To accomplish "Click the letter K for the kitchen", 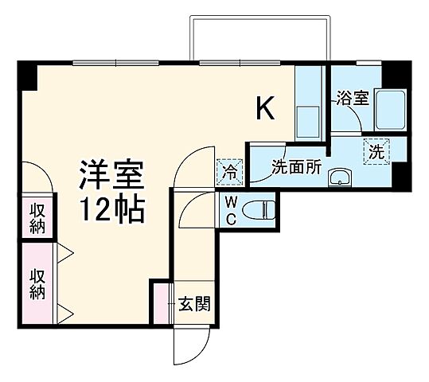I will [265, 109].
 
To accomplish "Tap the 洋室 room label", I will [111, 174].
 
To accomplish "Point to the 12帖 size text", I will [111, 210].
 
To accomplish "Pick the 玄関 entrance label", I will [193, 305].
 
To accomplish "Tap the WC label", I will [230, 210].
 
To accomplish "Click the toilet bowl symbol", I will [258, 210].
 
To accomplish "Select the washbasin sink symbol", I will [341, 177].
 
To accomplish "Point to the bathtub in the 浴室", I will [390, 112].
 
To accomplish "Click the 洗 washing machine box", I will [377, 150].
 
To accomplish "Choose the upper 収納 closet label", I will [37, 217].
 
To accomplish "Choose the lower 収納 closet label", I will [37, 283].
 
